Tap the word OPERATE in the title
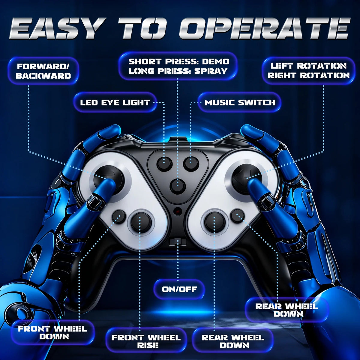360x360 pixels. pyautogui.click(x=264, y=28)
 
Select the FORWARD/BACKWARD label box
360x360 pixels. pyautogui.click(x=43, y=71)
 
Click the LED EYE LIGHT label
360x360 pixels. pyautogui.click(x=115, y=102)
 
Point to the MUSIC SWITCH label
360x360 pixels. pyautogui.click(x=240, y=102)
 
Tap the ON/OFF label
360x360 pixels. pyautogui.click(x=179, y=289)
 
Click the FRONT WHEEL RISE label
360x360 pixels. pyautogui.click(x=146, y=341)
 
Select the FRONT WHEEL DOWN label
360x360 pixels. pyautogui.click(x=52, y=333)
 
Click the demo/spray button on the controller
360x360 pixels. pyautogui.click(x=178, y=186)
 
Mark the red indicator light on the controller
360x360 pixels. pyautogui.click(x=178, y=212)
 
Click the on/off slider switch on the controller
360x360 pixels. pyautogui.click(x=178, y=241)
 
